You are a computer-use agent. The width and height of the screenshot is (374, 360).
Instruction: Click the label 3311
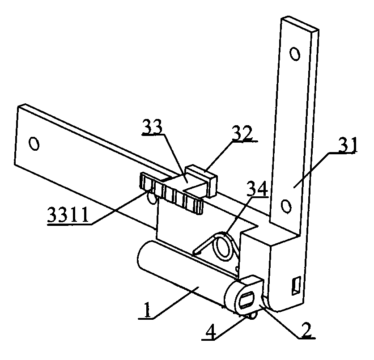pyautogui.click(x=68, y=215)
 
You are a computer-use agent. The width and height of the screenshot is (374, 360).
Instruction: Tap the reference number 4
pyautogui.click(x=209, y=331)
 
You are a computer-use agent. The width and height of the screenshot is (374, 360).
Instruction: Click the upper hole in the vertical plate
pyautogui.click(x=294, y=54)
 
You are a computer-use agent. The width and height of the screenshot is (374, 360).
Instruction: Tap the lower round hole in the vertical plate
pyautogui.click(x=286, y=206)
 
